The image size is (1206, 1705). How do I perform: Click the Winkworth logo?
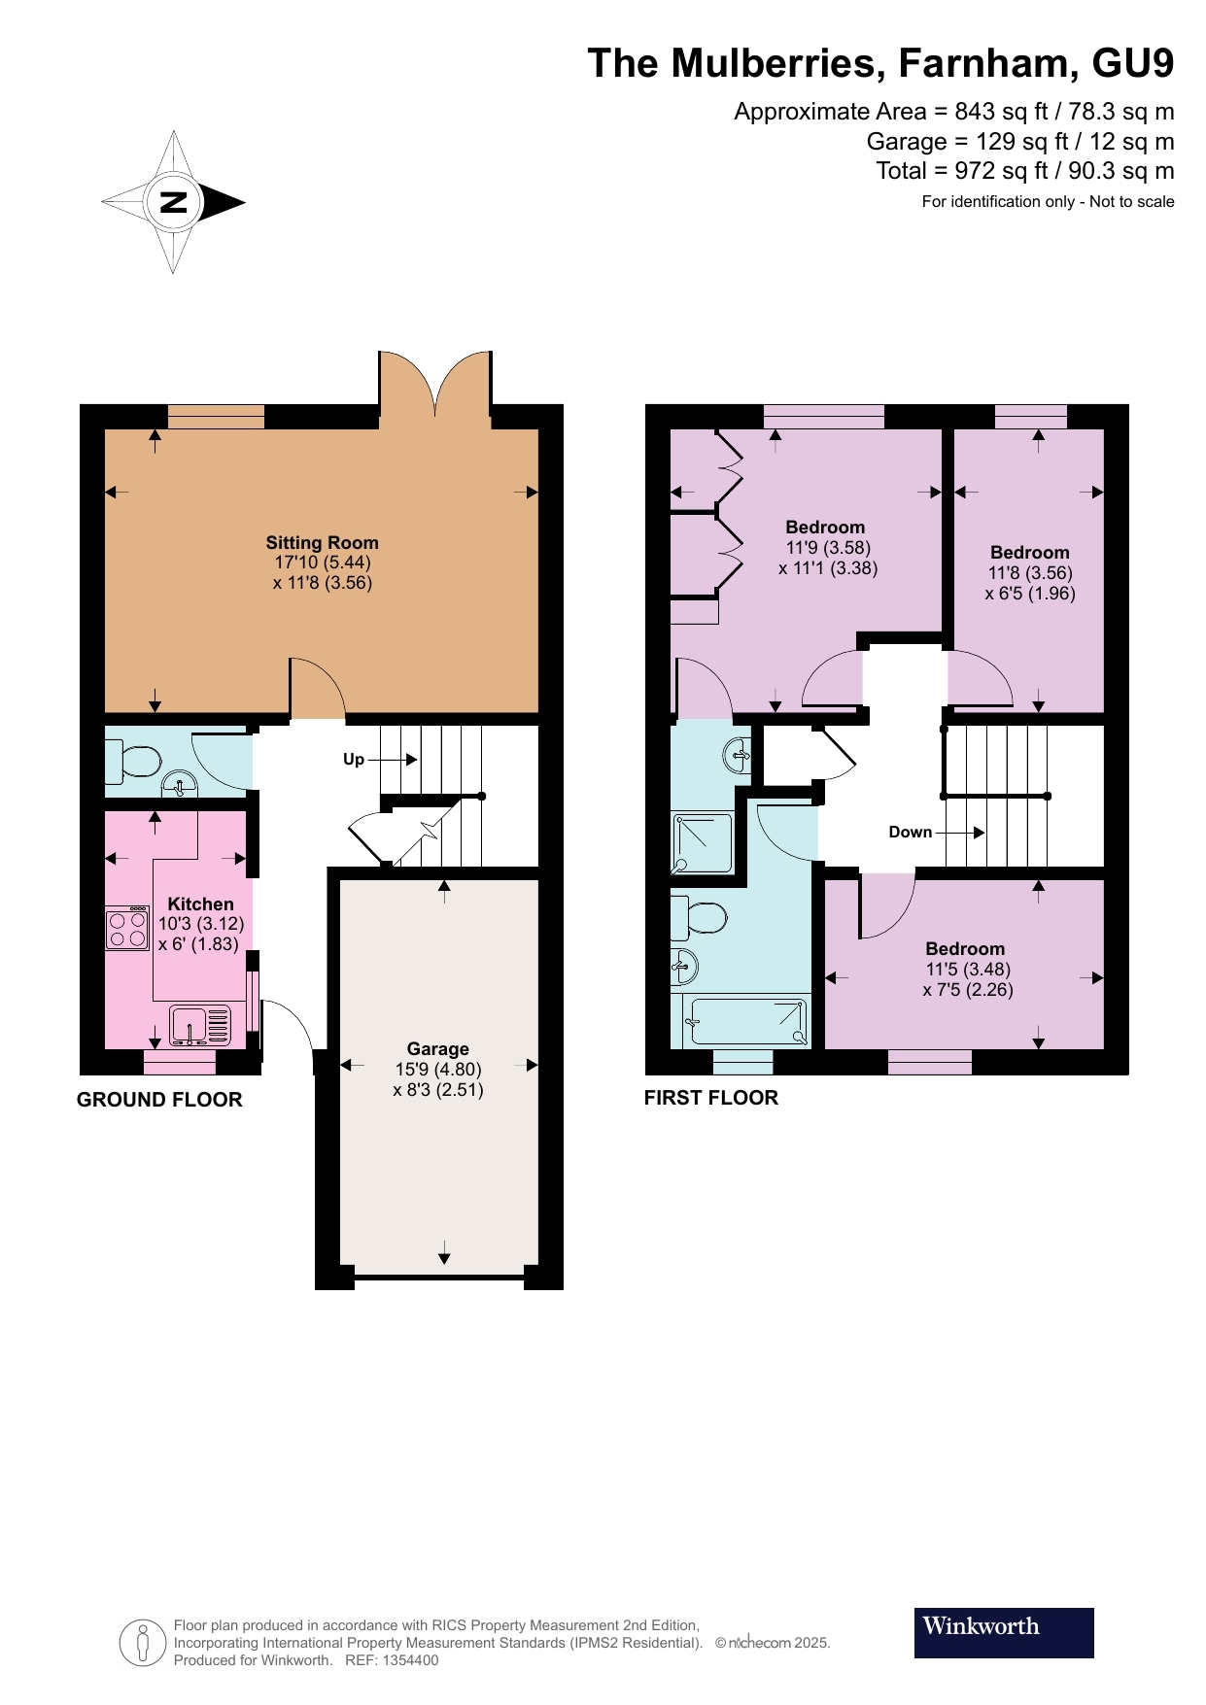1003,1632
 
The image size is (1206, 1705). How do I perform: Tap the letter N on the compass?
173,202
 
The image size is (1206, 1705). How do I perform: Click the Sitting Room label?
322,543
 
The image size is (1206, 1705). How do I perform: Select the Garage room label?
437,1048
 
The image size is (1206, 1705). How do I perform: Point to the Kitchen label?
200,904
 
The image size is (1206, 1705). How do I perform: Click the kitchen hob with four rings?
127,927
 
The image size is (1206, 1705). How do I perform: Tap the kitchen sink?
200,1026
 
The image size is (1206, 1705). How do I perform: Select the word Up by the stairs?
354,760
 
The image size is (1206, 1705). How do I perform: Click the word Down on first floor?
910,832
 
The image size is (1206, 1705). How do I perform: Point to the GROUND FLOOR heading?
159,1100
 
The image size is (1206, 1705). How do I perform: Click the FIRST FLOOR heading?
711,1098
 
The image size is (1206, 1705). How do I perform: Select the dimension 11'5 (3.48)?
968,970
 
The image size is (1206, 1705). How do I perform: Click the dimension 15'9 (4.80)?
438,1069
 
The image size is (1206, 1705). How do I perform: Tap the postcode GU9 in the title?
1133,63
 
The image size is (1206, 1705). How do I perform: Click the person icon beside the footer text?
143,1643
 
